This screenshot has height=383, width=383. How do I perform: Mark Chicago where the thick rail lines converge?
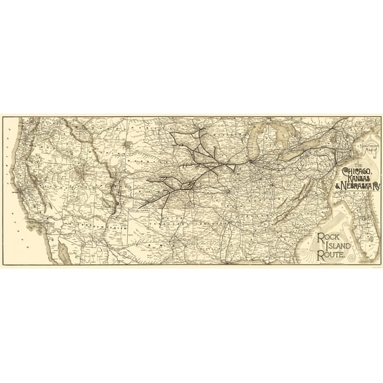(x=253, y=159)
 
